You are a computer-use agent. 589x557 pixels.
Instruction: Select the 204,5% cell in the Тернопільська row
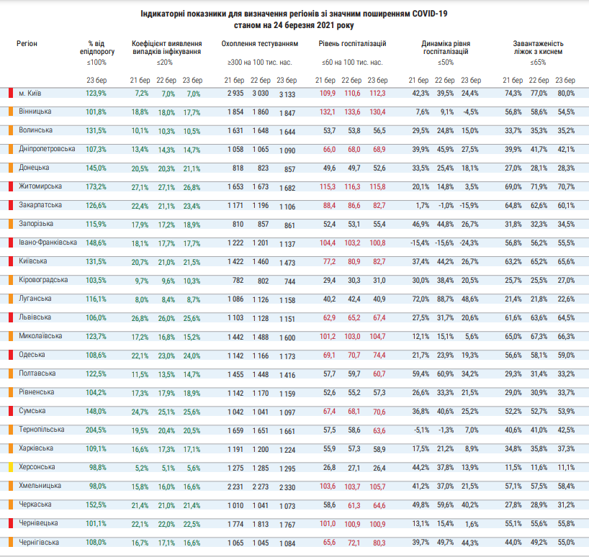pyautogui.click(x=96, y=430)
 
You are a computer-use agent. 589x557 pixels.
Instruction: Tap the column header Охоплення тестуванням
pyautogui.click(x=260, y=44)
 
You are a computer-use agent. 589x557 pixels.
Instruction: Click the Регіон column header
pyautogui.click(x=28, y=44)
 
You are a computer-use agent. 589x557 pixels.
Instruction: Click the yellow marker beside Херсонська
pyautogui.click(x=11, y=466)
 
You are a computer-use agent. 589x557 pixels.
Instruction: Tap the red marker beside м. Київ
pyautogui.click(x=11, y=94)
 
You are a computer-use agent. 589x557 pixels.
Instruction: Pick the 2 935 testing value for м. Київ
pyautogui.click(x=235, y=94)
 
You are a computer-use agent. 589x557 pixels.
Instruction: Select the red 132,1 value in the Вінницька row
pyautogui.click(x=328, y=112)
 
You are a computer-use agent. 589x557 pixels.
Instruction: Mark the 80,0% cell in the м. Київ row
pyautogui.click(x=566, y=94)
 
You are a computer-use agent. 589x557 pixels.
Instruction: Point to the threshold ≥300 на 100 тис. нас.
pyautogui.click(x=260, y=63)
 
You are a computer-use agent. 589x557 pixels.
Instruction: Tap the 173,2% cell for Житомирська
pyautogui.click(x=96, y=187)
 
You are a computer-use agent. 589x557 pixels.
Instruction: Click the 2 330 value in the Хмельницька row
pyautogui.click(x=287, y=486)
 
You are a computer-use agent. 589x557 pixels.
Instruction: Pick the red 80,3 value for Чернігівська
pyautogui.click(x=377, y=542)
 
